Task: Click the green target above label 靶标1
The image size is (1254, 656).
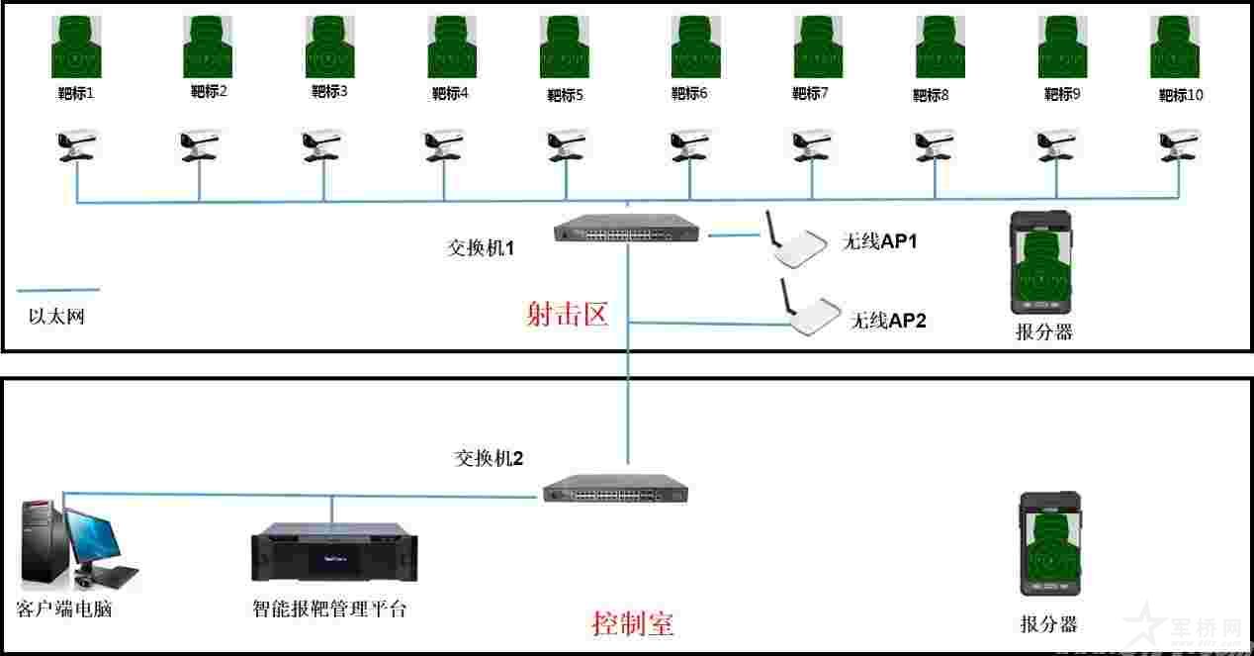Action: tap(77, 47)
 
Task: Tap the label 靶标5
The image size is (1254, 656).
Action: tap(565, 96)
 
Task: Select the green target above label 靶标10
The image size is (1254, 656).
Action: tap(1175, 47)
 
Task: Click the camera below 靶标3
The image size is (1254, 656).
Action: tap(323, 144)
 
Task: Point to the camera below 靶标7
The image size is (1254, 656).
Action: tap(813, 144)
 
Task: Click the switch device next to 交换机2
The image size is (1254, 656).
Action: tap(615, 489)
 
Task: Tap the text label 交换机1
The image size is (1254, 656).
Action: tap(481, 248)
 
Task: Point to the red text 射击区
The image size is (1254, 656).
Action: tap(566, 314)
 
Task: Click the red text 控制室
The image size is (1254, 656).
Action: tap(633, 624)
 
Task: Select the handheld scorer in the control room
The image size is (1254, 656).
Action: tap(1050, 550)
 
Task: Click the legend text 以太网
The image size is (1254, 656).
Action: tap(56, 318)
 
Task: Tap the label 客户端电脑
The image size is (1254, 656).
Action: tap(64, 609)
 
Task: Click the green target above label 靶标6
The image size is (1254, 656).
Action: tap(689, 47)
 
